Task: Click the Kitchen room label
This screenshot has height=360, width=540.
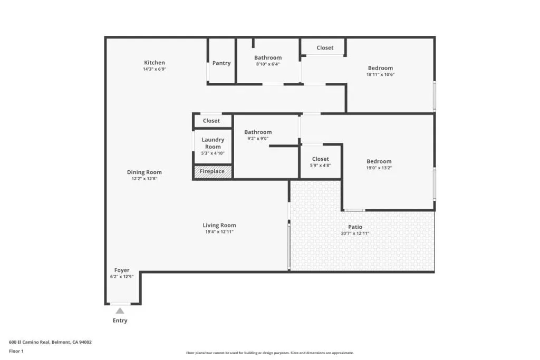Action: [155, 63]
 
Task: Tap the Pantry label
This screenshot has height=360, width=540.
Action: [221, 63]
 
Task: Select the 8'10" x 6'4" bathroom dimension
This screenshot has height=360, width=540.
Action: [268, 64]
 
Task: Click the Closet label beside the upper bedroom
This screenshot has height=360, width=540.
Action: [325, 48]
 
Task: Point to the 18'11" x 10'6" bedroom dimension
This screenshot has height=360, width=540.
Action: [380, 74]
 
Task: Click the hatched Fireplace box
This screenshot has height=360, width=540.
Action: [213, 171]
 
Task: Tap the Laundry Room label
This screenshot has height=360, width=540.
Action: [213, 143]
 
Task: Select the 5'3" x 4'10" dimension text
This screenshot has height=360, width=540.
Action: [213, 153]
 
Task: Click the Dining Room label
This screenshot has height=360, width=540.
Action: [144, 172]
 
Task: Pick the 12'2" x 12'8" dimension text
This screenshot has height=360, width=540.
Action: [144, 179]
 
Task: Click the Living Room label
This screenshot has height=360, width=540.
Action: [219, 226]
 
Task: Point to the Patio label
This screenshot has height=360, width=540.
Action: [355, 227]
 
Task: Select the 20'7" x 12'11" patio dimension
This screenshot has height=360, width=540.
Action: [355, 233]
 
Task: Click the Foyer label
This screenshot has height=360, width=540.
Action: [122, 270]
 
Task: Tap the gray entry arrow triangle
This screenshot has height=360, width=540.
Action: [120, 311]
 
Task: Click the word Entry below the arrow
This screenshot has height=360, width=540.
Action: [120, 320]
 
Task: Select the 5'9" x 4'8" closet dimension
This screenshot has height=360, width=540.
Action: [320, 166]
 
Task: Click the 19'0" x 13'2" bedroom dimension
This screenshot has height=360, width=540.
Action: [379, 168]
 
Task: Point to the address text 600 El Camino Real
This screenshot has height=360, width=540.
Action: [30, 342]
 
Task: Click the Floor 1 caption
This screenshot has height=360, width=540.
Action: [16, 351]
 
